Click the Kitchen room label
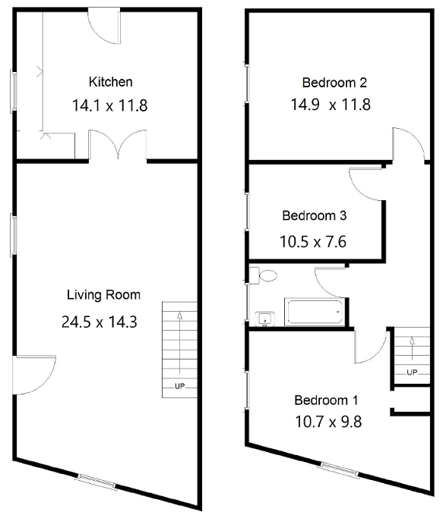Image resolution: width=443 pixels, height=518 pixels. point(111,82)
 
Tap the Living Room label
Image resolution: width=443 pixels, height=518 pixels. point(103,295)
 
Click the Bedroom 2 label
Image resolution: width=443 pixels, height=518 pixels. point(334,82)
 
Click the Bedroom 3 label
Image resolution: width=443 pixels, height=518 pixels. point(314,215)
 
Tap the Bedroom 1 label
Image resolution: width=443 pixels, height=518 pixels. point(326,400)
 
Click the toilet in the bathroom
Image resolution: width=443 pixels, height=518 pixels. point(265,277)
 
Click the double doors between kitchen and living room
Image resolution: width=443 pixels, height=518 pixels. point(118,146)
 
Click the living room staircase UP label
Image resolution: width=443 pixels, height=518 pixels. point(179,386)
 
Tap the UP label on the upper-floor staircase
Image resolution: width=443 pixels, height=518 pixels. point(412,372)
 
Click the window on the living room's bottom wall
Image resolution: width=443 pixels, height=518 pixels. point(98,481)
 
